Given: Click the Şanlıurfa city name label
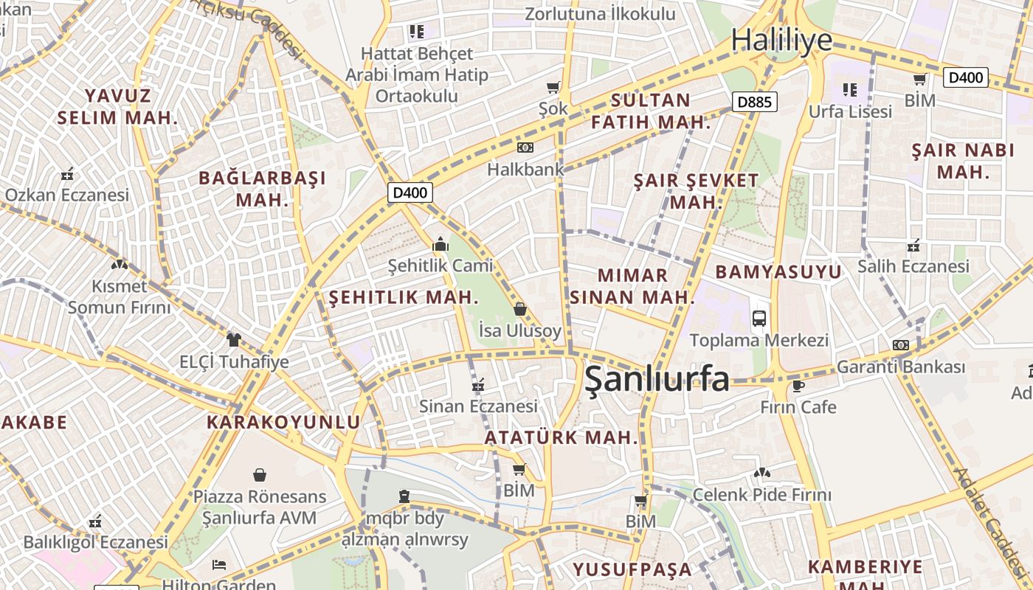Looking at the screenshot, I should tap(657, 379).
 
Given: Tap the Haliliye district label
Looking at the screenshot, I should tap(781, 40).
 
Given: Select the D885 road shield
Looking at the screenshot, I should tap(755, 102).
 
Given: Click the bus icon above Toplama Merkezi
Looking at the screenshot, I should tap(759, 319).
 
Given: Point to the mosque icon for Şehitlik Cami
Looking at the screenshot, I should tap(441, 245).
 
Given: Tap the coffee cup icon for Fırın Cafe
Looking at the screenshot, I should tap(798, 386).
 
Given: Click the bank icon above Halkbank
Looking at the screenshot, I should tap(525, 148).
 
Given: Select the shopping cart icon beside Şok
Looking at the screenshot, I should tap(553, 87).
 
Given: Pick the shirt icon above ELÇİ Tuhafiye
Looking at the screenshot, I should tap(234, 340).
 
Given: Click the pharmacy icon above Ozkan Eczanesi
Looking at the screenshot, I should tap(67, 175).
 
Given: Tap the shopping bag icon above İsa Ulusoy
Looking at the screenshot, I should tap(520, 309).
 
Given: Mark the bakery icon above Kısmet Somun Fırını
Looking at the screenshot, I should tap(119, 264).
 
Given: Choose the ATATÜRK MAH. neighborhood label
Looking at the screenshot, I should tap(561, 437).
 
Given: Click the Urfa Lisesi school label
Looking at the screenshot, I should tap(850, 111).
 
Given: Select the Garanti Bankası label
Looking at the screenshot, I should tap(900, 367).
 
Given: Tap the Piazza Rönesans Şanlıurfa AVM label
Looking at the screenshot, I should tap(259, 507).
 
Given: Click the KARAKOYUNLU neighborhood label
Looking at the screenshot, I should tap(283, 423).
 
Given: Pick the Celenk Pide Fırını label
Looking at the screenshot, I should tap(761, 494).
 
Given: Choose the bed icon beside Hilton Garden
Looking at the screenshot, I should tap(219, 565).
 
